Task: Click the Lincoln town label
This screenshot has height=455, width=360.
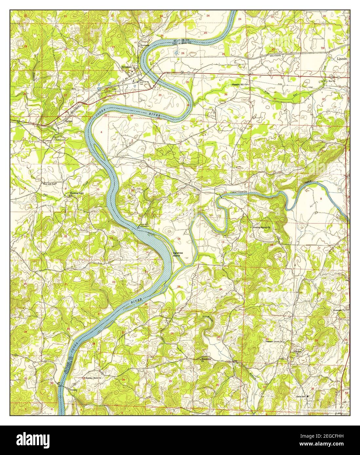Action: click(342, 59)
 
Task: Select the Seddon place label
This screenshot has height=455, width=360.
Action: click(68, 120)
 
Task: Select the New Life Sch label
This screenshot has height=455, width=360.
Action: click(50, 184)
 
